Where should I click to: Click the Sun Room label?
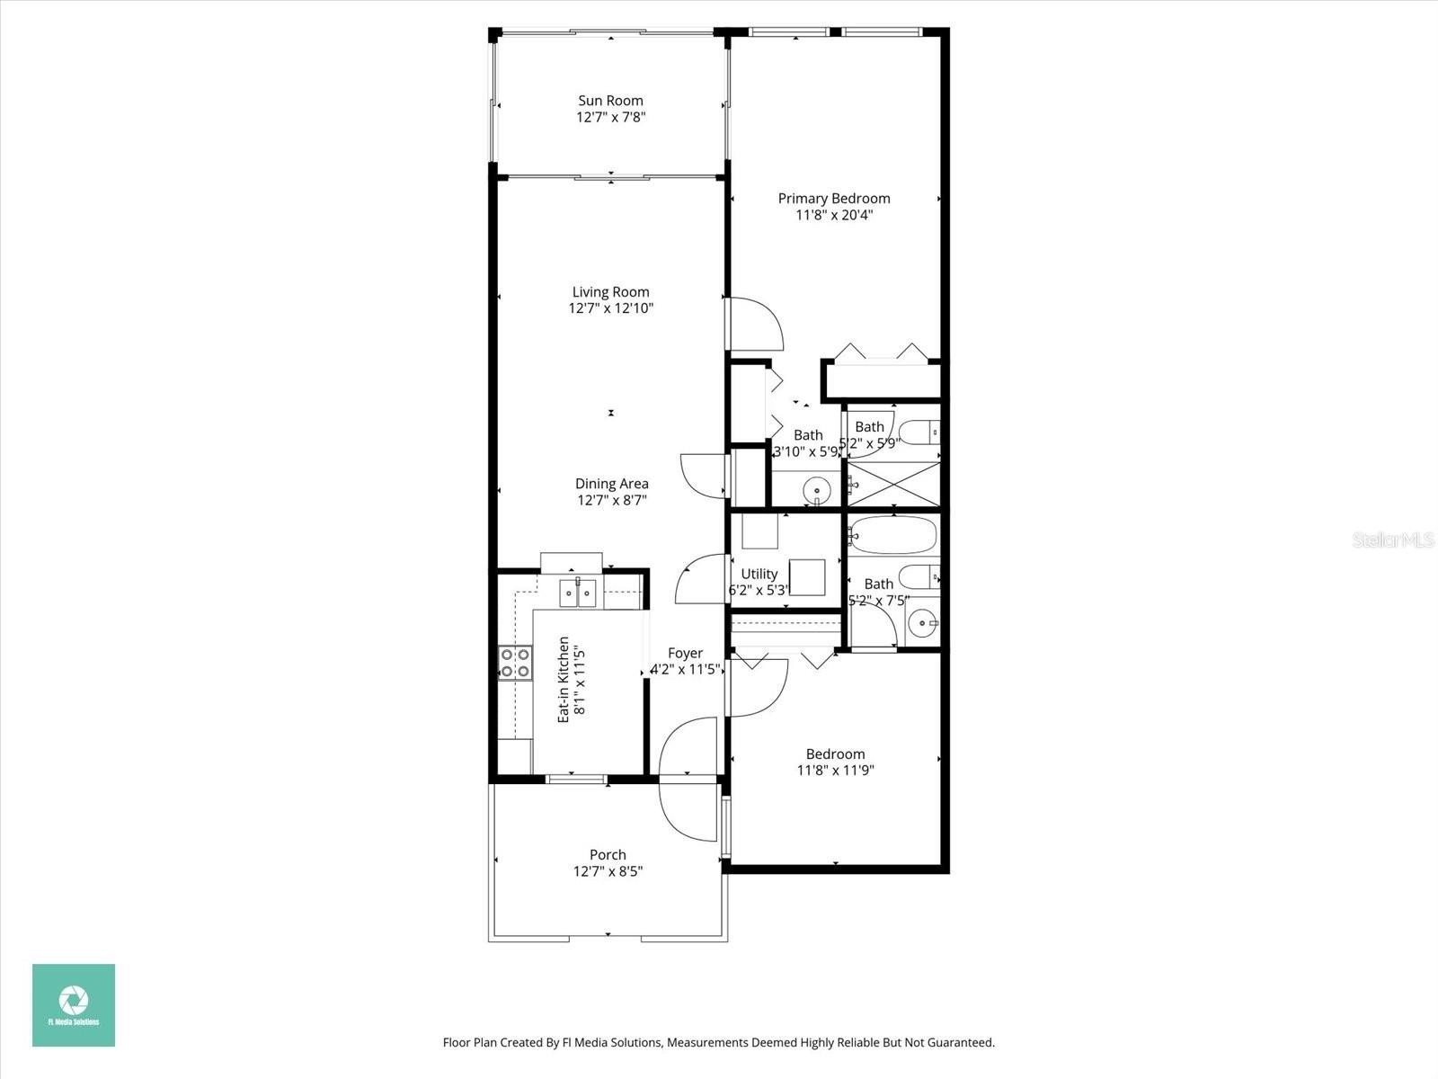610,101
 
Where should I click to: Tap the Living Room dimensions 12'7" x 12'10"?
610,308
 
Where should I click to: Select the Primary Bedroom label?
834,199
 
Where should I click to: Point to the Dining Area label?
612,484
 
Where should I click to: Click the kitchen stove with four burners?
515,663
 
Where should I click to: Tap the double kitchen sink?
577,593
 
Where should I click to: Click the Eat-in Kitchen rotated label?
564,680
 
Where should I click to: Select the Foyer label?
685,653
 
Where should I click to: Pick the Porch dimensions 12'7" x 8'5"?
608,871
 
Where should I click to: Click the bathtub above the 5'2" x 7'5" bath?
892,535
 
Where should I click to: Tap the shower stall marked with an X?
893,484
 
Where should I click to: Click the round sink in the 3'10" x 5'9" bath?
817,489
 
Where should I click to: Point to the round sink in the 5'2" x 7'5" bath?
922,622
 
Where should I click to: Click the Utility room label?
759,575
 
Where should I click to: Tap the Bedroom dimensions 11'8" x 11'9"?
835,771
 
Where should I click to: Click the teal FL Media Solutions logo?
74,1005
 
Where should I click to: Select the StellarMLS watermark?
1393,539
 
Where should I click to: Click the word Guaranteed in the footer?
956,1042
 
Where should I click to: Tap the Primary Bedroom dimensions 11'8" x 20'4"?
834,216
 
